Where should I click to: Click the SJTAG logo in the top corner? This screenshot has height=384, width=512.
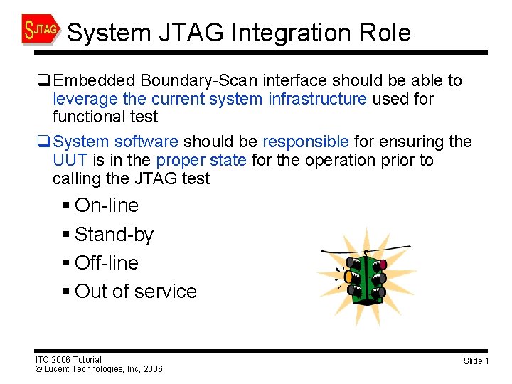coord(41,30)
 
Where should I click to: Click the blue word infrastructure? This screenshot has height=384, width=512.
coord(318,99)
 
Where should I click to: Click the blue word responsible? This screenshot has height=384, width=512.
coord(306,142)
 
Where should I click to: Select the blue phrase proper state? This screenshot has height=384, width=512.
coord(202,160)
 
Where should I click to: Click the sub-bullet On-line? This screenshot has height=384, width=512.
coord(106,206)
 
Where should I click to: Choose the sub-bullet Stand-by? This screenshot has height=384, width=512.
coord(114,234)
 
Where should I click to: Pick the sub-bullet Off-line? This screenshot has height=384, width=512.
coord(106,262)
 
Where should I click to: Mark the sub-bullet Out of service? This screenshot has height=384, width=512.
coord(135,291)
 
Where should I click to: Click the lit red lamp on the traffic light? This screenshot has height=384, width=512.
coord(383,263)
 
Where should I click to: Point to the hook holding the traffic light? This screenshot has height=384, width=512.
coord(366,253)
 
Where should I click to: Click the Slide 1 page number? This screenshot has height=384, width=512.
coord(476,361)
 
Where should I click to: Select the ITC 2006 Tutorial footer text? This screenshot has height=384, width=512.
coord(68,359)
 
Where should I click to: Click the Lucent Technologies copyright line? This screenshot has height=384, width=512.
coord(99,369)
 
